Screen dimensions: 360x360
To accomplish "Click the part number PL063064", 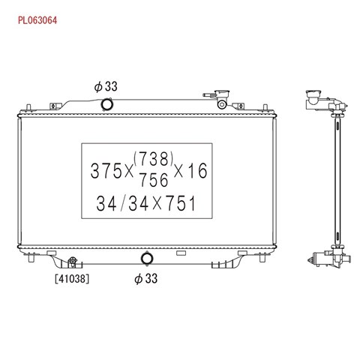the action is click(37, 20).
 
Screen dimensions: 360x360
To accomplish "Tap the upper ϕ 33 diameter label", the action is click(106, 86).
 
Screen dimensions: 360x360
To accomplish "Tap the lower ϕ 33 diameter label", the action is click(146, 278).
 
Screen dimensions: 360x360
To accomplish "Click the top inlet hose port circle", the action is click(107, 104).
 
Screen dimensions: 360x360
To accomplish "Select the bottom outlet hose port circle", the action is click(147, 259).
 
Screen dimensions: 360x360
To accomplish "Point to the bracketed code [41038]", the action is click(72, 278).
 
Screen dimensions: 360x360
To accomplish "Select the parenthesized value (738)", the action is click(154, 159).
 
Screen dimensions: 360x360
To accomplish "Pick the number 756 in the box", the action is click(154, 180).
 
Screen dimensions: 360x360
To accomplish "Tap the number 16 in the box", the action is click(198, 171).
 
